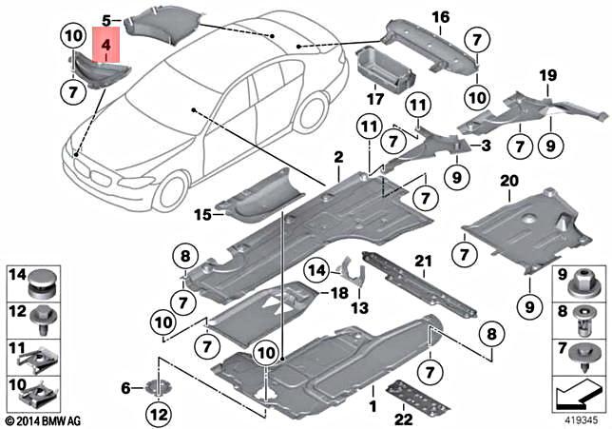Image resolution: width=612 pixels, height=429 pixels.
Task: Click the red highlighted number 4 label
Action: tap(106, 45)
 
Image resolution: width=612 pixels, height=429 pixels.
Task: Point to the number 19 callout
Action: tap(547, 75)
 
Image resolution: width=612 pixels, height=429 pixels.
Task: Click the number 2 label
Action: tap(337, 156)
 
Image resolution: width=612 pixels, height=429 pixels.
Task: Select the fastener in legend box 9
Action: tap(581, 280)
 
